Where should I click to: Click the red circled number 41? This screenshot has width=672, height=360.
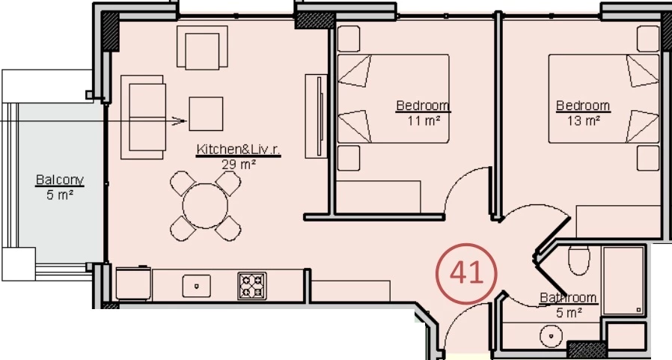tap(466, 274)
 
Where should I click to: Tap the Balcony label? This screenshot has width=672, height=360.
tap(60, 180)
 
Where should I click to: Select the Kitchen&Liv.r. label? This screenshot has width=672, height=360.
tap(238, 150)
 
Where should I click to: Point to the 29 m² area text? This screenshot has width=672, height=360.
tap(239, 164)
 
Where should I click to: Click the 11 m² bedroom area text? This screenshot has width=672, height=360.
tap(424, 120)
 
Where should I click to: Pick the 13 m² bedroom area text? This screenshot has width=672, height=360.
tap(583, 120)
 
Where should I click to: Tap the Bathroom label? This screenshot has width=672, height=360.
tap(568, 297)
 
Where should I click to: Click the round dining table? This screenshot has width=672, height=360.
tap(205, 206)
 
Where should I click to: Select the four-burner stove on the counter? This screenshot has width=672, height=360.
tap(252, 286)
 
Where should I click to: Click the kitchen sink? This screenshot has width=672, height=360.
tap(197, 286)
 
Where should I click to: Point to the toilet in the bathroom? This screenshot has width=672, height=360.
tap(579, 260)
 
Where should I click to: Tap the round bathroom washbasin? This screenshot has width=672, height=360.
tap(551, 336)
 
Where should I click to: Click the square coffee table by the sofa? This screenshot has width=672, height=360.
tap(206, 114)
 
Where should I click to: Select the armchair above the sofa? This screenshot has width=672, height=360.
tap(202, 47)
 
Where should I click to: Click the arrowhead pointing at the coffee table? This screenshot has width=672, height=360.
tap(180, 121)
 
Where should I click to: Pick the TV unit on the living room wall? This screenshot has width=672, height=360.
tap(317, 116)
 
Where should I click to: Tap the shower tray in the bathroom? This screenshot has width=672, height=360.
tap(623, 280)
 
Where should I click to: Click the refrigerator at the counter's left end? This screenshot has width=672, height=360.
tap(133, 283)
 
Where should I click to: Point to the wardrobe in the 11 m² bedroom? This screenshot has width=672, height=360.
tap(378, 197)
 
